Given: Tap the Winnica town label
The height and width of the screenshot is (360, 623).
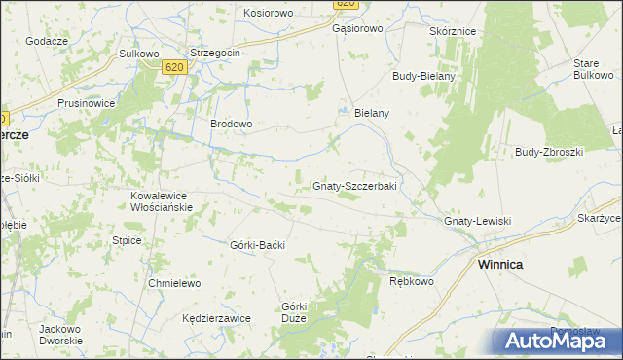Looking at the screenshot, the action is click(x=499, y=265).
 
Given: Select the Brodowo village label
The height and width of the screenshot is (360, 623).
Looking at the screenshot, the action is click(x=232, y=125).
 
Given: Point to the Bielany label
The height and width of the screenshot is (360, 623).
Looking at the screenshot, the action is click(x=372, y=114).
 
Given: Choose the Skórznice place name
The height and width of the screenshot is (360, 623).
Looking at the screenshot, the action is click(x=453, y=31).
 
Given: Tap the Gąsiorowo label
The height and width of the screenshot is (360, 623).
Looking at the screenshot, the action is click(x=357, y=29).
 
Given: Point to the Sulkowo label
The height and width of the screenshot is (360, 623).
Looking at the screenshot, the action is click(x=138, y=54).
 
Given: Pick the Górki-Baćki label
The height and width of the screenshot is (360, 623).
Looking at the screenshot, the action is click(x=257, y=245).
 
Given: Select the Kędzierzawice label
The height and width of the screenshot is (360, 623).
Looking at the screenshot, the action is click(x=217, y=318).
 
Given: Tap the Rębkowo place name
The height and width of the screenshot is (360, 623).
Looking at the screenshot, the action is click(x=411, y=281).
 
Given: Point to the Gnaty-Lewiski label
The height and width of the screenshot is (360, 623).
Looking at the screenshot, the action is click(x=477, y=222).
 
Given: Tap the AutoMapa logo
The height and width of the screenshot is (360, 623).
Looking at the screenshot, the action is click(x=557, y=341).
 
